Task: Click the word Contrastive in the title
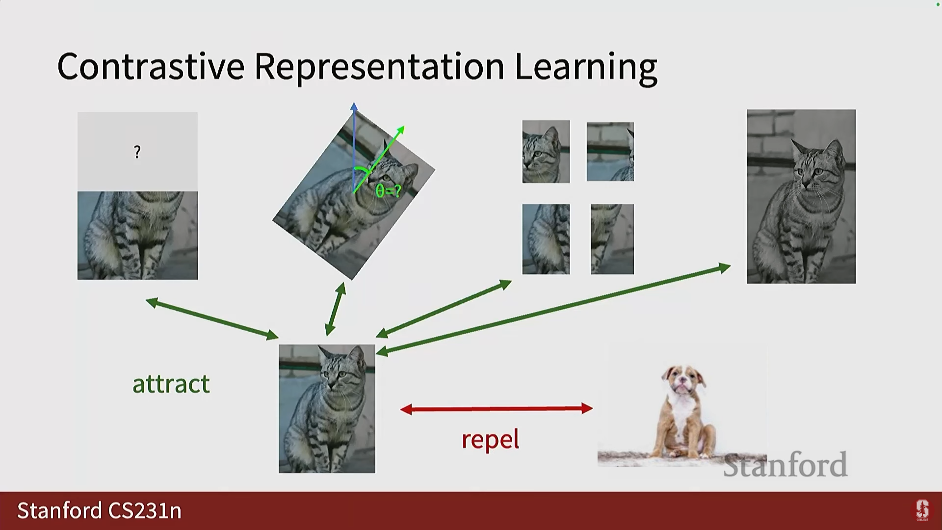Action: (151, 66)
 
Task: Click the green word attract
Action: (171, 384)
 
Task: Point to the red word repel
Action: (490, 439)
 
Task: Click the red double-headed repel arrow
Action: (497, 408)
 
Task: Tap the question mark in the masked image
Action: (137, 152)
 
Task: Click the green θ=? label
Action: (388, 191)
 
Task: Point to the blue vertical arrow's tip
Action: (354, 103)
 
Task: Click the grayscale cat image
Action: (801, 196)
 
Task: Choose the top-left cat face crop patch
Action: (546, 152)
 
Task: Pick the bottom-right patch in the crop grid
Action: (612, 239)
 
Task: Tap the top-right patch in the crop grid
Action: (610, 152)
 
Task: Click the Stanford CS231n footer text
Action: (100, 511)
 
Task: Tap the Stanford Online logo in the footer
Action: (922, 510)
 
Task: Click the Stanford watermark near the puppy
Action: (785, 465)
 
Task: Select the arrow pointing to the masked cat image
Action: (212, 318)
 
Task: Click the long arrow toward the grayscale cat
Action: (553, 309)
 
